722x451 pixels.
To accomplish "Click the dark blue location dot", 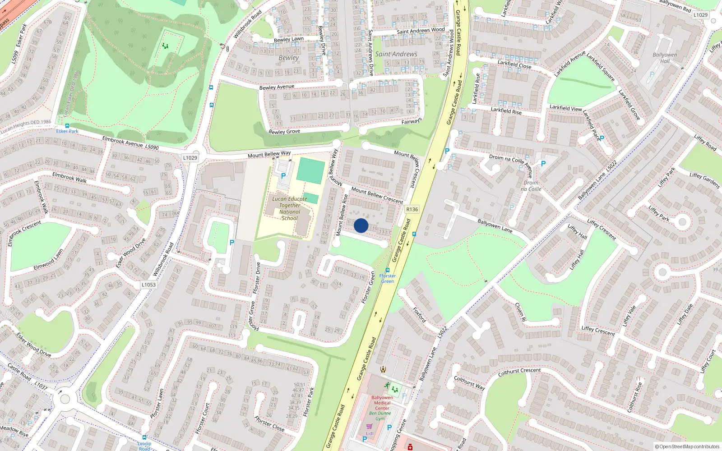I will [x=361, y=225].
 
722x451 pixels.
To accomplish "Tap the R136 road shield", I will [x=412, y=209].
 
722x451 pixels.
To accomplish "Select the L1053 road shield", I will [x=148, y=285].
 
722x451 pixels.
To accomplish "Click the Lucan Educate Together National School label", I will [x=290, y=208].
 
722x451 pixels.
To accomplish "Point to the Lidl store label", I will [x=370, y=433].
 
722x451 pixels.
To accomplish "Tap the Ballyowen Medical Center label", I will [x=382, y=403].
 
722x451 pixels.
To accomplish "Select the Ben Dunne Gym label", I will [x=380, y=416].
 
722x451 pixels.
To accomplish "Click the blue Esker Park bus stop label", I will [x=67, y=131].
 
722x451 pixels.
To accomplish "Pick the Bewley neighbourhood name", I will [x=289, y=58].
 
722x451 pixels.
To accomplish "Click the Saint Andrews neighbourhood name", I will [x=396, y=54].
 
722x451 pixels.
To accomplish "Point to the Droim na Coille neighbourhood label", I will [x=531, y=186].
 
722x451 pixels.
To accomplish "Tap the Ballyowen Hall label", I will [x=665, y=58].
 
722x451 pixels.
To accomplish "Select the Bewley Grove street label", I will [x=284, y=132].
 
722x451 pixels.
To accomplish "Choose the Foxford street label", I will [x=419, y=314].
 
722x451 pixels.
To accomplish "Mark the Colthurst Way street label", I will [x=469, y=383].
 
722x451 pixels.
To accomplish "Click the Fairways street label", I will [x=412, y=121].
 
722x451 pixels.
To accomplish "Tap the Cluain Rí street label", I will [x=520, y=312].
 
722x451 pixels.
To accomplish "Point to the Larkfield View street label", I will [x=565, y=108].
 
